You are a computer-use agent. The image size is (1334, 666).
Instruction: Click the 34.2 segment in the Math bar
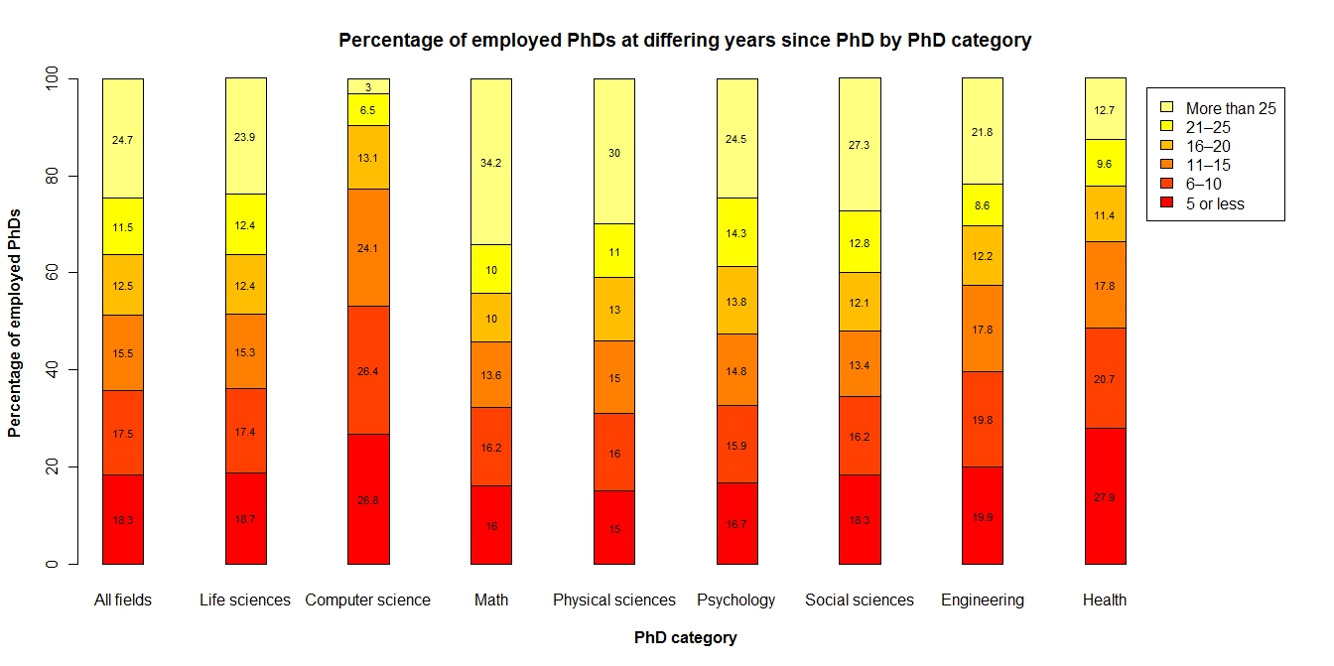coord(491,162)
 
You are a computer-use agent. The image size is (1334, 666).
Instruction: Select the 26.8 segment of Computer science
coord(368,499)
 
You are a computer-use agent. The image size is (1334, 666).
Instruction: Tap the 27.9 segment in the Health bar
coord(1105,496)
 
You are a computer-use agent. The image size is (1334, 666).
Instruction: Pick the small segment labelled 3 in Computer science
coord(368,86)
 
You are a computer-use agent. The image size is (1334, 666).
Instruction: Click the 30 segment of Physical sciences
coord(614,152)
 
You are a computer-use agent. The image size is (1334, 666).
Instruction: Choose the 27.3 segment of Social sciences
coord(860,145)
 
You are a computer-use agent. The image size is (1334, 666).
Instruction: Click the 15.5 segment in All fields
coord(123,352)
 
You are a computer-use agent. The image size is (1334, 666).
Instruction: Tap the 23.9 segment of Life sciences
coord(246,137)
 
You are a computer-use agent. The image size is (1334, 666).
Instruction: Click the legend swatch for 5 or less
coord(1167,204)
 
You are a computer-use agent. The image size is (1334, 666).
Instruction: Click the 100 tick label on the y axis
coord(51,78)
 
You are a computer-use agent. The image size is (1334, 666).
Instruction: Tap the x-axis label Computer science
coord(368,600)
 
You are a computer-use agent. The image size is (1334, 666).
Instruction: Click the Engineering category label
coord(983,600)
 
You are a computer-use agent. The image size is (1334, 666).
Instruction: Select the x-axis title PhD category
coord(686,638)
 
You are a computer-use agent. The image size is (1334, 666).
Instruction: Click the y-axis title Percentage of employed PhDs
coord(14,322)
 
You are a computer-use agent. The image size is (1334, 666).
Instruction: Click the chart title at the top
coord(686,41)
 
